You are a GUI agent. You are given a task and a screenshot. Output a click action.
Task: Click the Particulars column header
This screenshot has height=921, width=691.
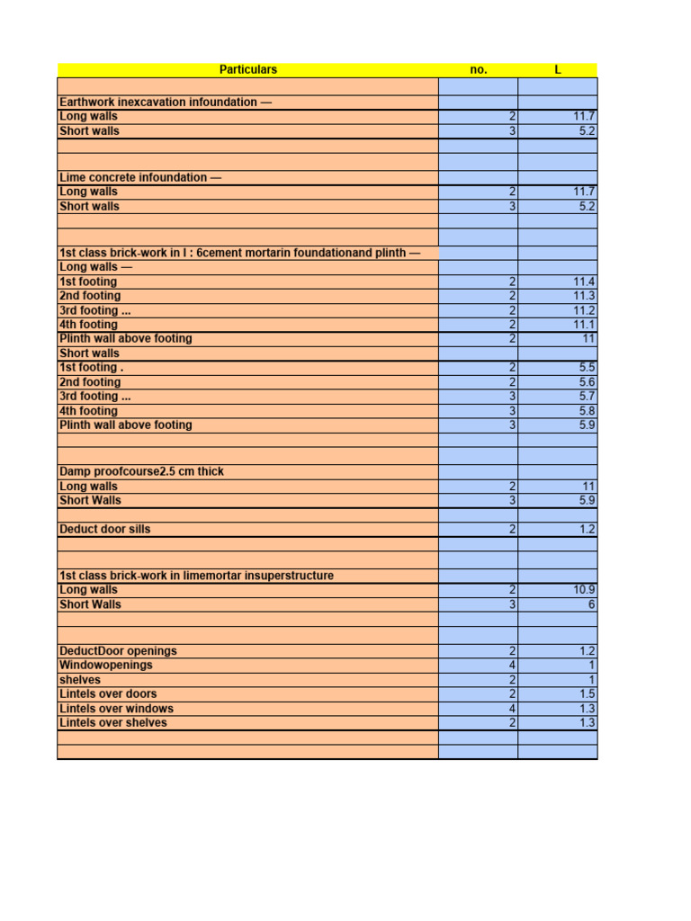(x=248, y=69)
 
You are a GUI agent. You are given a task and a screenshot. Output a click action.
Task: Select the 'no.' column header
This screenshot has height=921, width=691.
(x=479, y=69)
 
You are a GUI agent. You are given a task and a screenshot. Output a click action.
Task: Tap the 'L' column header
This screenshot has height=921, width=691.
(x=558, y=69)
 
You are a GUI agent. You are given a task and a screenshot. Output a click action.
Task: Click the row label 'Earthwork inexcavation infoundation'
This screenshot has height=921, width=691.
(x=165, y=102)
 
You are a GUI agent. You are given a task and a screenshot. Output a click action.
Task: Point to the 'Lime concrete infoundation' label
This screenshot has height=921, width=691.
(x=139, y=177)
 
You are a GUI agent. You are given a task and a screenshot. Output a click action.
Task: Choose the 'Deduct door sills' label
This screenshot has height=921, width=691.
(x=104, y=529)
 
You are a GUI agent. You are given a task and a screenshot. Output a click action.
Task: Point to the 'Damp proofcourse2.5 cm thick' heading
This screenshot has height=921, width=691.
(x=141, y=471)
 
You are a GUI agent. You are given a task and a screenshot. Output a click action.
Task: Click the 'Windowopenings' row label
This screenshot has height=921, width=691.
(x=105, y=665)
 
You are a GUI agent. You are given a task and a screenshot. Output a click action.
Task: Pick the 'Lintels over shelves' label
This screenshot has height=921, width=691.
(x=112, y=722)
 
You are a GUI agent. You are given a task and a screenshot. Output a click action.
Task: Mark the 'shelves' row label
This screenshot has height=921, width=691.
(x=80, y=679)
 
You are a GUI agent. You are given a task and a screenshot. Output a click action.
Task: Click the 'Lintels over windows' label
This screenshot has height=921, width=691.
(x=116, y=708)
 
